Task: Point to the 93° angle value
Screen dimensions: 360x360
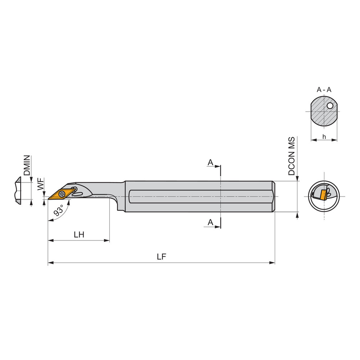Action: coord(59,210)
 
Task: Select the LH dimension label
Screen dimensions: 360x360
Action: coord(79,235)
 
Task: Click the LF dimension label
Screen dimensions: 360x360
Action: coord(161,257)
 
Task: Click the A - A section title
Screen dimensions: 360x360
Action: coord(324,90)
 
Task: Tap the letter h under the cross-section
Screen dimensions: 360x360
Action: coord(324,136)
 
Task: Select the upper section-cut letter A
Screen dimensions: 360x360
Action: coord(210,163)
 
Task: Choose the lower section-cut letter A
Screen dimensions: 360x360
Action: coord(210,222)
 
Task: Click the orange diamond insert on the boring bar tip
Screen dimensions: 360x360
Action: coord(61,194)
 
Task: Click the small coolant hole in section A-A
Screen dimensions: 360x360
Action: coord(330,106)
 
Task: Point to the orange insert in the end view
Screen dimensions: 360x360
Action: coord(323,195)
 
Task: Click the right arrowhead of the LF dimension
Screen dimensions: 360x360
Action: coord(273,263)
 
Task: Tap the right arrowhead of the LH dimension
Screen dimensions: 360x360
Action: coord(107,240)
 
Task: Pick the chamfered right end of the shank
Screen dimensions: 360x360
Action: coord(274,197)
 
